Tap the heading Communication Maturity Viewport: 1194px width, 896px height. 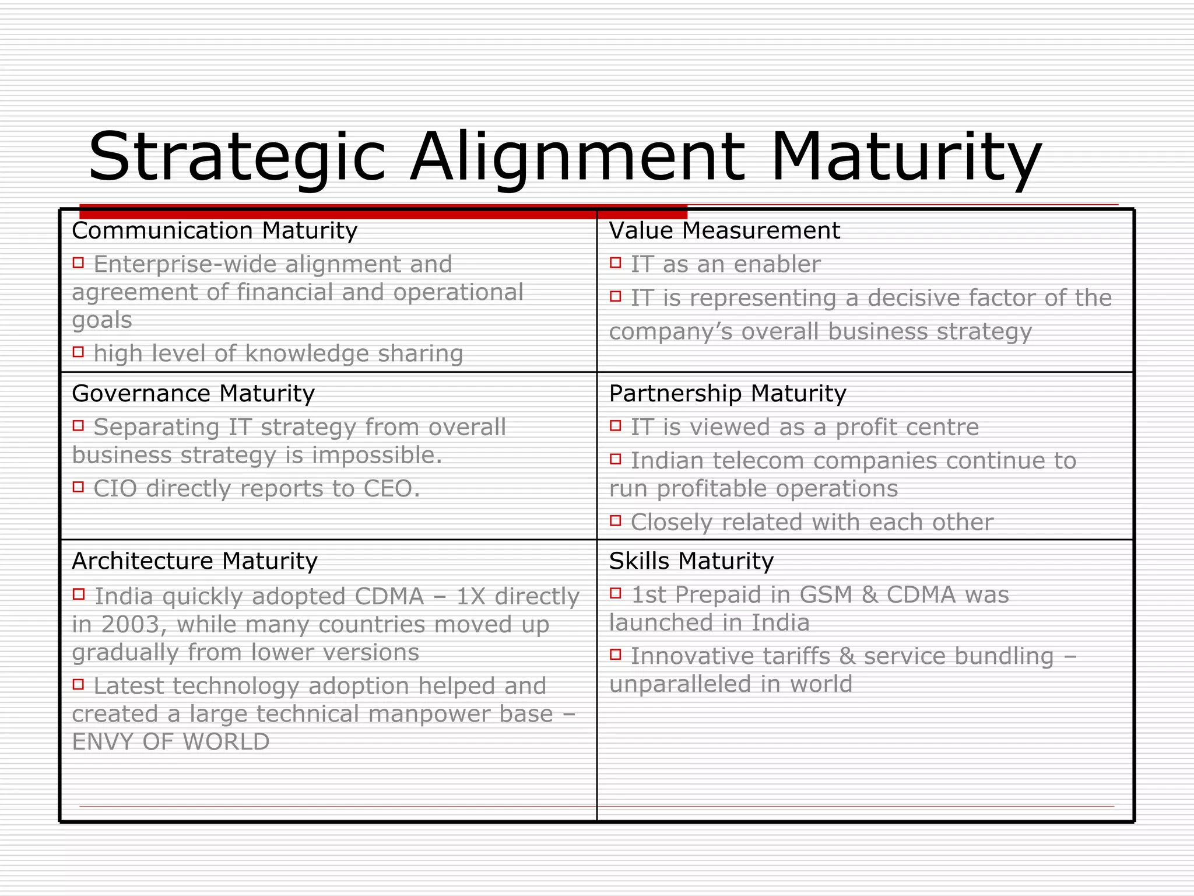[214, 231]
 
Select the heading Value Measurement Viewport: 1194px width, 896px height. [724, 231]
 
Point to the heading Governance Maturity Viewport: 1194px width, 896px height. [193, 394]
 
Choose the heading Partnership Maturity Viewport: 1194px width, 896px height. [727, 394]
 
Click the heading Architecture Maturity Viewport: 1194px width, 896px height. [194, 561]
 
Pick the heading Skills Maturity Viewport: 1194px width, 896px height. [691, 561]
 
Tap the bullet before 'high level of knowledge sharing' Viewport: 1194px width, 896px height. [78, 352]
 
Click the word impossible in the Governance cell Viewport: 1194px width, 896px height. [377, 456]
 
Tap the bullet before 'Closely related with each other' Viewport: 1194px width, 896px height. [616, 520]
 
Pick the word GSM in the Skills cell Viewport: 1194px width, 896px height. [827, 595]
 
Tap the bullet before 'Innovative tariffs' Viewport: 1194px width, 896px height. [616, 654]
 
